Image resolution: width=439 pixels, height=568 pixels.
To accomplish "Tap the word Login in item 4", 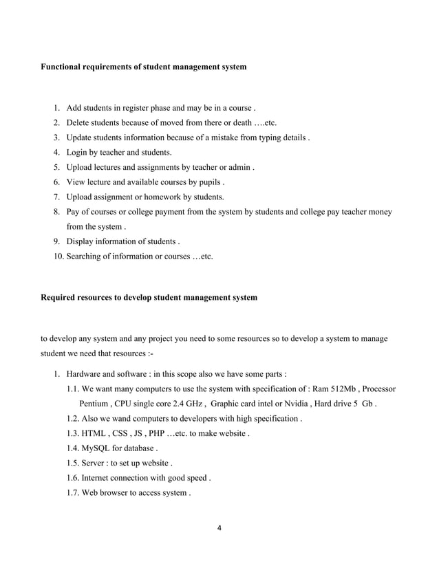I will (x=77, y=152).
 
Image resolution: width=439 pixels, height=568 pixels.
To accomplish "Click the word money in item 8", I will (x=378, y=212).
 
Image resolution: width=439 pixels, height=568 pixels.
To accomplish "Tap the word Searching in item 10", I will (x=84, y=256).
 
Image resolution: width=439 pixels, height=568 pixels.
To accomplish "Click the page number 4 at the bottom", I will (x=219, y=529).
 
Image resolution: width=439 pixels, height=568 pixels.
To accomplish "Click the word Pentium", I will (x=94, y=404).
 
